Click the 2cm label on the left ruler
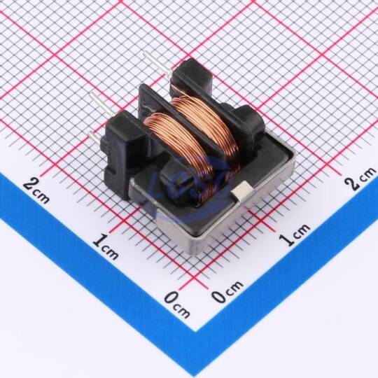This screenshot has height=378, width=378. pos(36,190)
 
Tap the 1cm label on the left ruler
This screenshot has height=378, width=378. pos(106,246)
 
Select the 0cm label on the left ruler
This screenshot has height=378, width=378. pos(177,304)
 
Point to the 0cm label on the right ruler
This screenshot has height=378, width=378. pos(227,291)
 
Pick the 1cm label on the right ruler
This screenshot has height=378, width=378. pos(295,234)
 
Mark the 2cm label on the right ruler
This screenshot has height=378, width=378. pos(360,178)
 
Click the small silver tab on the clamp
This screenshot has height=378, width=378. pos(241,190)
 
